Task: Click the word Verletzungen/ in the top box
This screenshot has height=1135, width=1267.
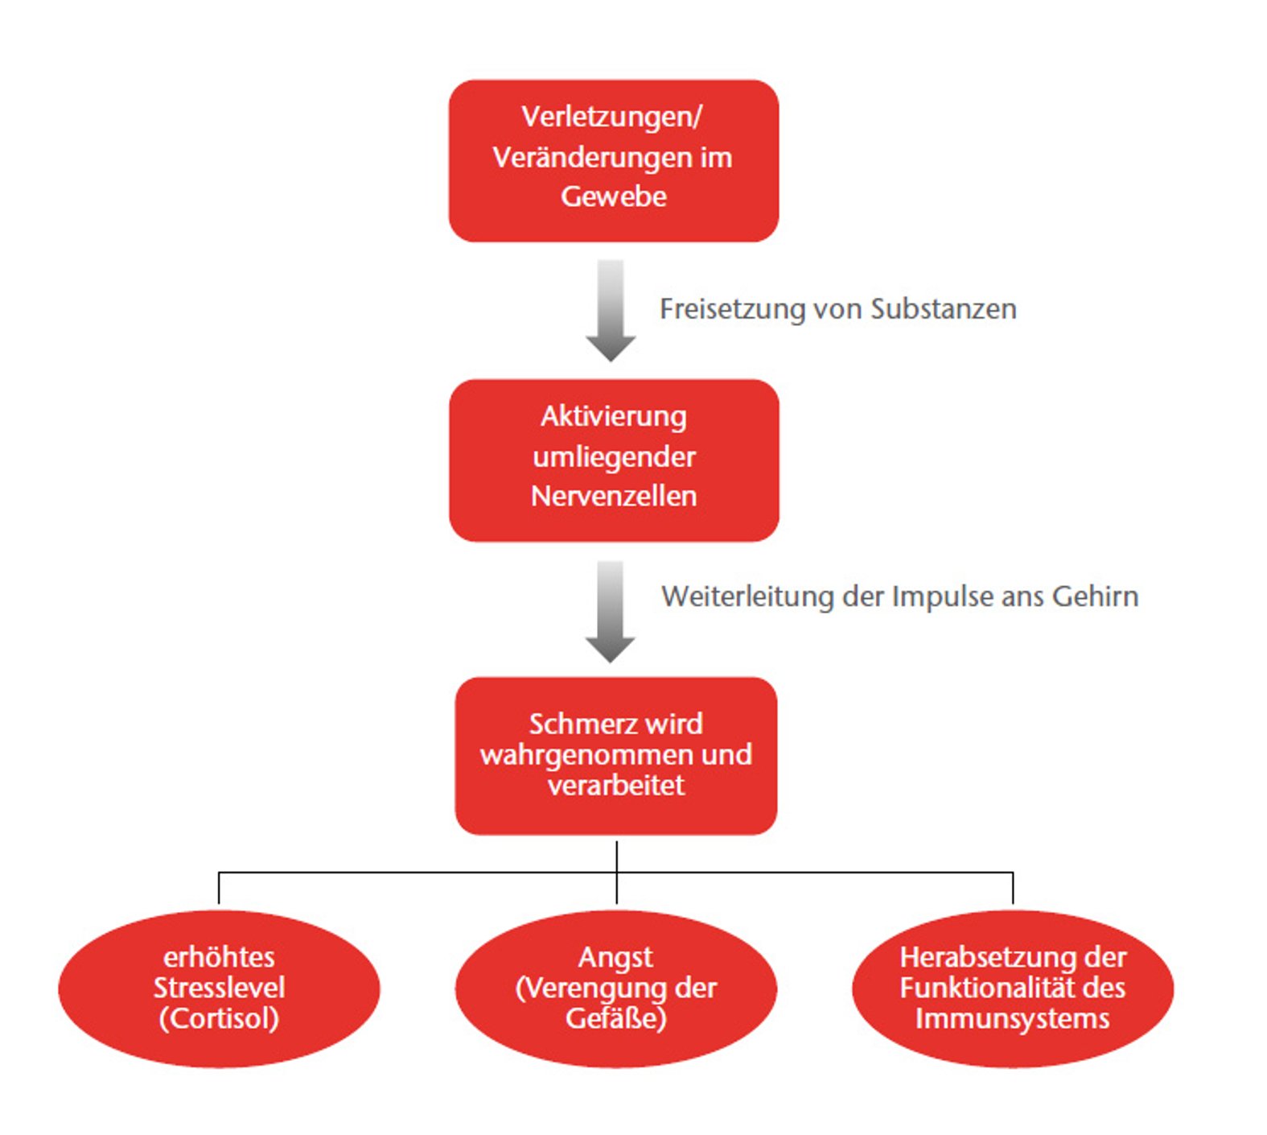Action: pos(611,117)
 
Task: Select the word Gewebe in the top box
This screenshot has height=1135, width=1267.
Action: pos(613,196)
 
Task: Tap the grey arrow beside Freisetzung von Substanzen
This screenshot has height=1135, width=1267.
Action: pos(611,310)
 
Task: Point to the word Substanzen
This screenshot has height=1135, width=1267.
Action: pos(943,309)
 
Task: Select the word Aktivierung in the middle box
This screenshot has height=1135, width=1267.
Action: pos(613,416)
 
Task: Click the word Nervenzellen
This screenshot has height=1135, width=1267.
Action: pos(613,496)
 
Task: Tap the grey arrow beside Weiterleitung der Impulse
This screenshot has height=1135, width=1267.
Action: pos(611,611)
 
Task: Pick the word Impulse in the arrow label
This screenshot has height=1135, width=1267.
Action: pos(943,596)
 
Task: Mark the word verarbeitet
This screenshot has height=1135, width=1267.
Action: pos(615,785)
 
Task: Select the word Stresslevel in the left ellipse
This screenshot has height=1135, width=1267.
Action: pos(219,988)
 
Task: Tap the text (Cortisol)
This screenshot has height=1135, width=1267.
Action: pos(219,1018)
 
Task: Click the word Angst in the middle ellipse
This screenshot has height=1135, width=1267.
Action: pos(615,957)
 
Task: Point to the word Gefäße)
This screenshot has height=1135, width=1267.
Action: pos(615,1018)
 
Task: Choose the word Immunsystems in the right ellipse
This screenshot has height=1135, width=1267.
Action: pos(1012,1018)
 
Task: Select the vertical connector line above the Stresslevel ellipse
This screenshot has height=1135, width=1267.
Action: pos(219,888)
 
